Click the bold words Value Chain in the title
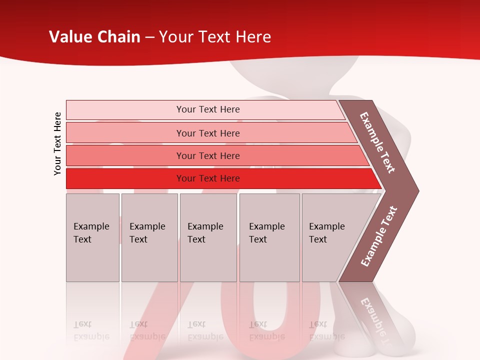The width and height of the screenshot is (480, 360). [x=94, y=37]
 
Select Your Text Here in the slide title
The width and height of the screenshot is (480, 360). [x=215, y=37]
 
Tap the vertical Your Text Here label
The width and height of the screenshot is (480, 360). [x=57, y=143]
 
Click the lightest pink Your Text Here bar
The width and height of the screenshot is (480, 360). [x=207, y=109]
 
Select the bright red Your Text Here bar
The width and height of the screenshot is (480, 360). [x=207, y=178]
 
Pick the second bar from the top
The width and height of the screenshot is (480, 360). [x=207, y=133]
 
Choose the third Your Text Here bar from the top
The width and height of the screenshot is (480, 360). [x=207, y=155]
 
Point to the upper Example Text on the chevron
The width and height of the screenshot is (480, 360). [x=377, y=142]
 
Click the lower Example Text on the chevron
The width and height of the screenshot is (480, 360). [x=379, y=236]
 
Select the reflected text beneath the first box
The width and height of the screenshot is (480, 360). [x=91, y=330]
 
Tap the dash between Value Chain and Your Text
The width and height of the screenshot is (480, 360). [x=149, y=37]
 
